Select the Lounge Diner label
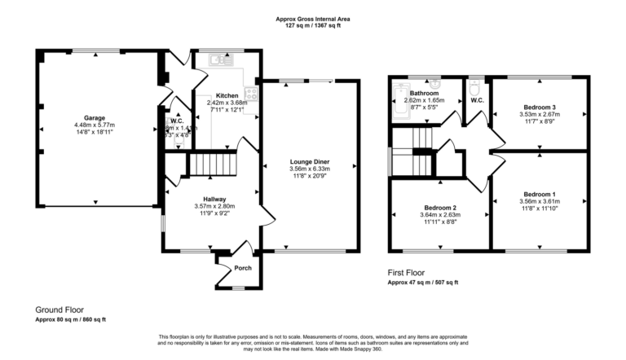tap(310, 162)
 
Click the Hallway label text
tap(214, 197)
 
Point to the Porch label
tap(243, 268)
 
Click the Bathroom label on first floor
tap(424, 93)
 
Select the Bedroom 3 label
tap(540, 108)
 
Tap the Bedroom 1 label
tap(540, 194)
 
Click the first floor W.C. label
tap(478, 101)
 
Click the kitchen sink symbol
tap(220, 59)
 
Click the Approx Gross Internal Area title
tap(314, 16)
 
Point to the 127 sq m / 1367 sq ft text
tap(314, 24)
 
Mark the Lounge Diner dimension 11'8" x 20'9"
tap(310, 177)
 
